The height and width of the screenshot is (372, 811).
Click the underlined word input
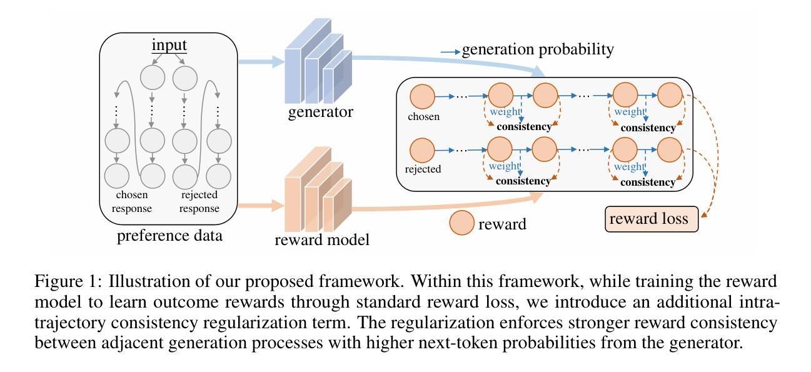pos(169,45)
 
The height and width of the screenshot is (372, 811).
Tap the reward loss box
pos(652,219)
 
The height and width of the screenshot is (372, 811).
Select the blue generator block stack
pos(318,61)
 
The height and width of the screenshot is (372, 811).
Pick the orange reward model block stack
pos(318,189)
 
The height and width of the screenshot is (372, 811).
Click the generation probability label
pos(538,49)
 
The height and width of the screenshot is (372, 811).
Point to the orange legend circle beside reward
pos(461,223)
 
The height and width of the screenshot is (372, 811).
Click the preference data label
pos(169,236)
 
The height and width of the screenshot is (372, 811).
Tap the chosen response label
pos(132,201)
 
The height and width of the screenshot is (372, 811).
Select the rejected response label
pos(199,201)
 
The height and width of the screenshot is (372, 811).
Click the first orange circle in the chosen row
pos(423,97)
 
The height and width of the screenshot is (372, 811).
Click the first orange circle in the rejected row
pos(422,150)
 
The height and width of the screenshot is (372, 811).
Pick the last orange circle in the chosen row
pos(670,95)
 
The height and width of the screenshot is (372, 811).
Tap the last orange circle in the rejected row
pos(670,149)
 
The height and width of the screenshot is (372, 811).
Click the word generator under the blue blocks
pos(320,112)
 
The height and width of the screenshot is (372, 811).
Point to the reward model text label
pos(322,240)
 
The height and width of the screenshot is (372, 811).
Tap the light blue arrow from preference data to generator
pos(261,61)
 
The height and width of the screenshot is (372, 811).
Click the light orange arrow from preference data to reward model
pos(261,206)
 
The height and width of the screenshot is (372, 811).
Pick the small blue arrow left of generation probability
pos(450,53)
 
